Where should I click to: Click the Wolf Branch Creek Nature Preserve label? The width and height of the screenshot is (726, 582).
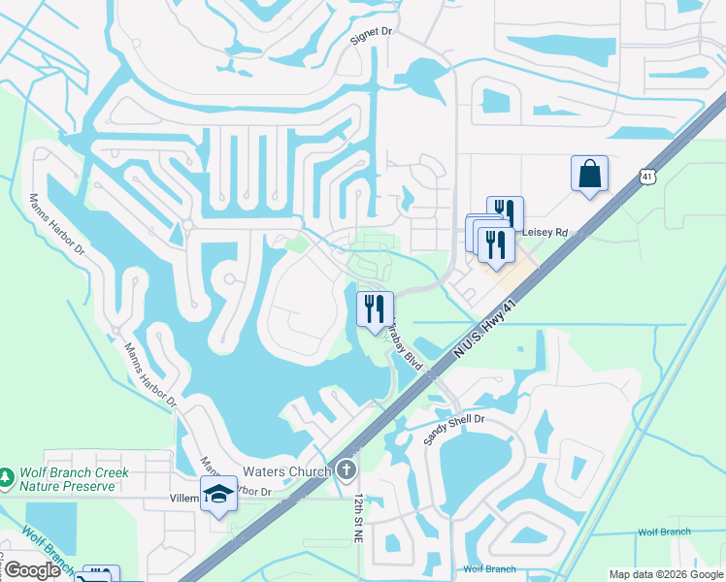click(x=74, y=478)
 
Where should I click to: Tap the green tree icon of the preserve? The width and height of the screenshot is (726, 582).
click(x=8, y=477)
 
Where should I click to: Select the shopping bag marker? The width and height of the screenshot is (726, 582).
click(x=589, y=174)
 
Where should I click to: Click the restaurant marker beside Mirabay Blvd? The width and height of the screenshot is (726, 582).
click(x=375, y=309)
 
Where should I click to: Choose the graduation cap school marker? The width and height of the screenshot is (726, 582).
click(x=218, y=494)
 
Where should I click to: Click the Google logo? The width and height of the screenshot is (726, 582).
click(x=32, y=570)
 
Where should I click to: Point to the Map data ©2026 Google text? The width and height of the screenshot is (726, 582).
click(x=667, y=574)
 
